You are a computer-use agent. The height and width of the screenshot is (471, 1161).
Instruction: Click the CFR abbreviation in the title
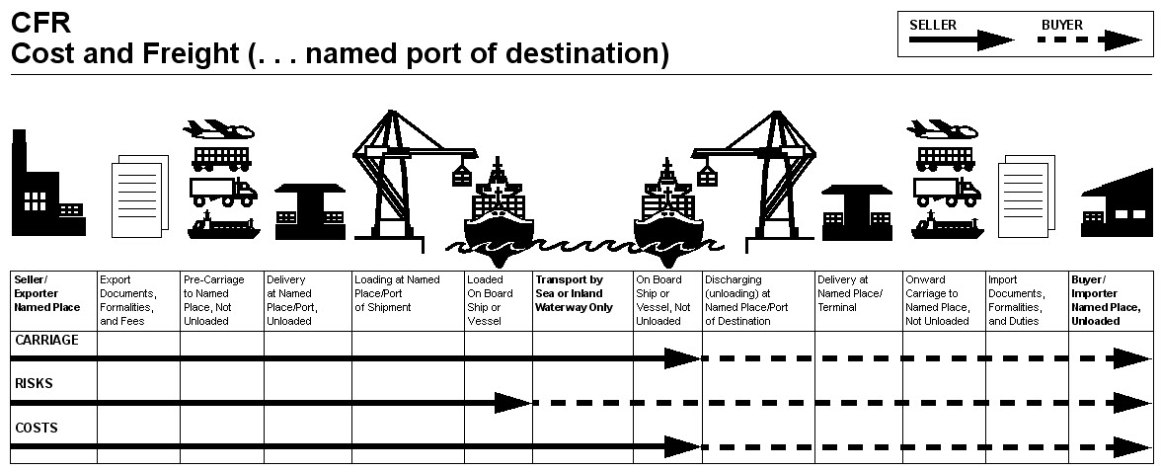tap(41, 23)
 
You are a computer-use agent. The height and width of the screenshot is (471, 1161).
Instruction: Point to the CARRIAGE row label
tap(45, 340)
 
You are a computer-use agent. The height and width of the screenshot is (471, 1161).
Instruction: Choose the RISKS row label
tap(34, 383)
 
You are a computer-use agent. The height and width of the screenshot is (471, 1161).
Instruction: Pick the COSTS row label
tap(37, 429)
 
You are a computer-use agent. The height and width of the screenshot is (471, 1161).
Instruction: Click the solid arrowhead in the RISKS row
tap(512, 403)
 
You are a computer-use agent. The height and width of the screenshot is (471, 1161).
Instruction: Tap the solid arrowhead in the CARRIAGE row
tap(683, 358)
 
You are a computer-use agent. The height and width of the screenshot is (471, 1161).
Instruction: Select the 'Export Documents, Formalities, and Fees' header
tap(128, 300)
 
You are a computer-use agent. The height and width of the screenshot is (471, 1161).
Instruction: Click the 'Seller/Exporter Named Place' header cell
tap(47, 293)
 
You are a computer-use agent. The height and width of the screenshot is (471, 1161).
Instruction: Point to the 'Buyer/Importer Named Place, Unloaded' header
tap(1097, 300)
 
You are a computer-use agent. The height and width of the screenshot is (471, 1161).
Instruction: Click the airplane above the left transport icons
tap(218, 129)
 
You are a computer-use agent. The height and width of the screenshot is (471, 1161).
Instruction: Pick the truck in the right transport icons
tap(948, 192)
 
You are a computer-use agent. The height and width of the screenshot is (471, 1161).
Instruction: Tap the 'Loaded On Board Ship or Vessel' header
tap(490, 300)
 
